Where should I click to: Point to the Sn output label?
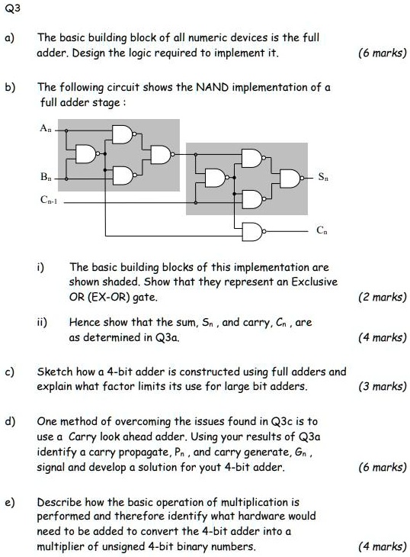point(323,178)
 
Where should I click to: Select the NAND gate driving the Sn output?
point(290,179)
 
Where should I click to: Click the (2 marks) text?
point(383,297)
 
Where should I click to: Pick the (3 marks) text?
point(383,386)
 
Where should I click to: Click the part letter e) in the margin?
point(11,501)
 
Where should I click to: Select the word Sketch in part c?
point(54,372)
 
